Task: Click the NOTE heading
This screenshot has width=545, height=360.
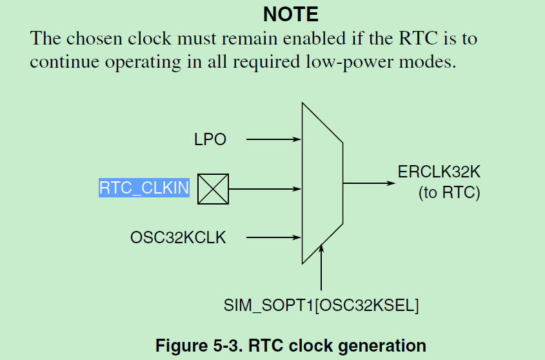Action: point(290,14)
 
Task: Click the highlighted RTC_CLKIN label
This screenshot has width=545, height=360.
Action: point(144,188)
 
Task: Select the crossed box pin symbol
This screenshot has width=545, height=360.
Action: point(213,189)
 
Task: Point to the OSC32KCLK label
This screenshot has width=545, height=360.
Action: point(178,237)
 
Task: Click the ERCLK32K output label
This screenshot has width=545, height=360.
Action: point(439,173)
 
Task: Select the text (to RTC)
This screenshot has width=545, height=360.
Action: point(450,192)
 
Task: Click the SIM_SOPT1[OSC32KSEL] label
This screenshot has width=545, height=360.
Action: point(321,306)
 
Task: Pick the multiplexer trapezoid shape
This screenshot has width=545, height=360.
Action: point(322,184)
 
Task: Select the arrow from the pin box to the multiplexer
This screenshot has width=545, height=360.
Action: point(265,189)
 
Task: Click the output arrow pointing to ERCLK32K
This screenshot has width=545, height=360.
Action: point(368,183)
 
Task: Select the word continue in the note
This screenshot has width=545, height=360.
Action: point(64,63)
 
